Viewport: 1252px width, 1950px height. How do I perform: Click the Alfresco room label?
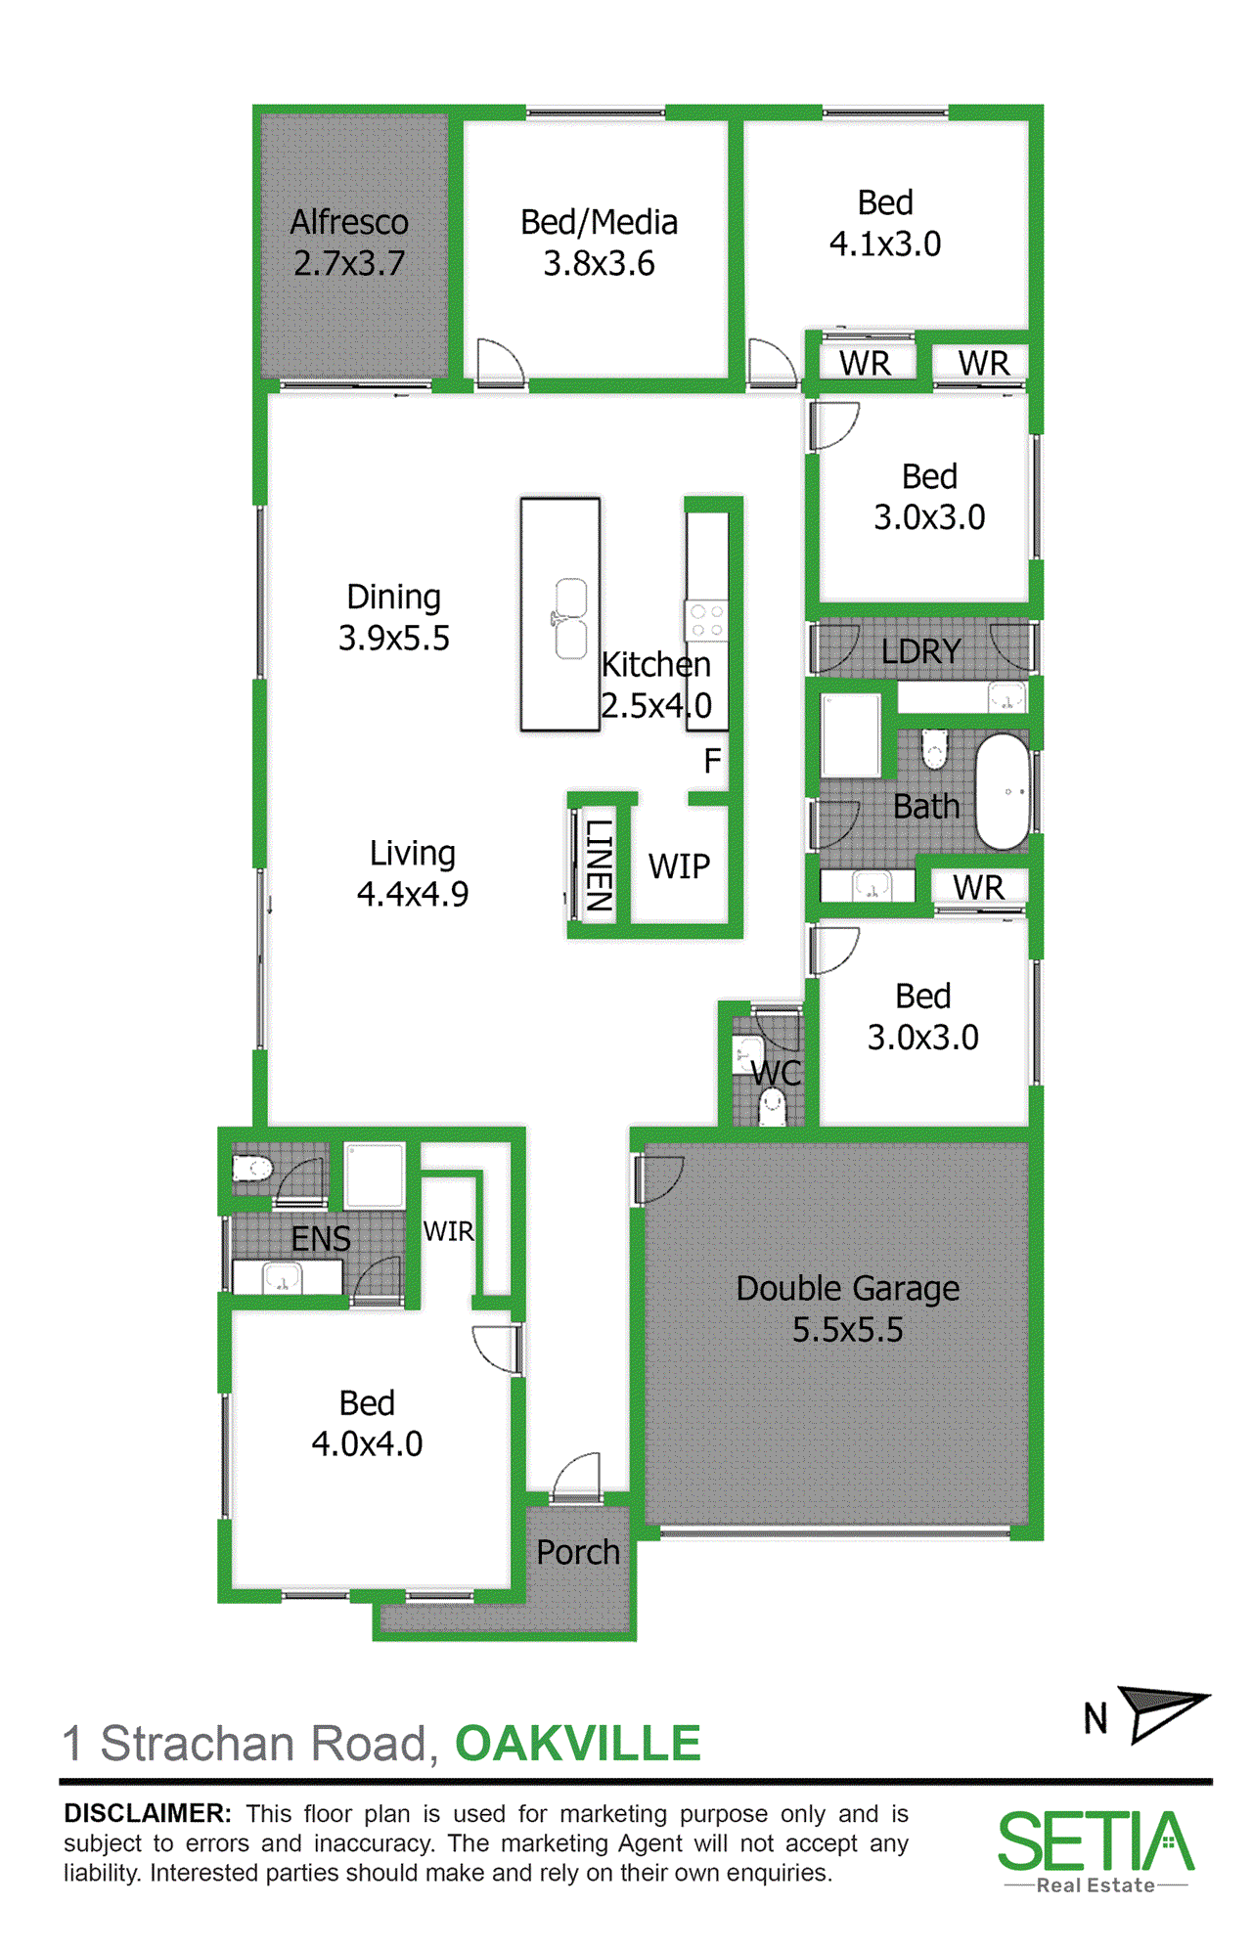pos(349,223)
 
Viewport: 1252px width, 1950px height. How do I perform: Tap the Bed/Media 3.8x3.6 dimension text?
pos(599,264)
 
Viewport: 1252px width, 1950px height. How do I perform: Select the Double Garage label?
pos(847,1289)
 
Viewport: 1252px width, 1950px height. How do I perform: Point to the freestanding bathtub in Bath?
pos(1004,791)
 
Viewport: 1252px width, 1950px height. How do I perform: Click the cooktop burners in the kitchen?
pos(706,620)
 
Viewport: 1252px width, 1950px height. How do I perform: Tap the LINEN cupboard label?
pos(598,864)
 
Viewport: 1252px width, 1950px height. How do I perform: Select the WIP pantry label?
pos(679,866)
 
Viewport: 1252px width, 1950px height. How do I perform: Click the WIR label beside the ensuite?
pos(448,1231)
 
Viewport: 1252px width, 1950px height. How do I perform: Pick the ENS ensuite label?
pos(321,1239)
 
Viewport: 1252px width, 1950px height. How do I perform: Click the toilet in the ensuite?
pos(251,1167)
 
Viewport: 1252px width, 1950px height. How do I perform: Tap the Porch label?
pos(578,1553)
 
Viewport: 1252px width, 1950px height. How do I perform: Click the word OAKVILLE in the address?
pos(578,1744)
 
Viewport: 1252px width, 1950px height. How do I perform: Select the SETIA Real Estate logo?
pos(1095,1852)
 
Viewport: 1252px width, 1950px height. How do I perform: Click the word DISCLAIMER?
pos(148,1813)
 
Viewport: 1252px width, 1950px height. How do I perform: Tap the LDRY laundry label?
pos(920,651)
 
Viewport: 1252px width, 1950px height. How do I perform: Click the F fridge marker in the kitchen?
pos(712,760)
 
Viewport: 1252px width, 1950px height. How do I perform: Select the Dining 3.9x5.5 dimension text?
pos(394,639)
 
